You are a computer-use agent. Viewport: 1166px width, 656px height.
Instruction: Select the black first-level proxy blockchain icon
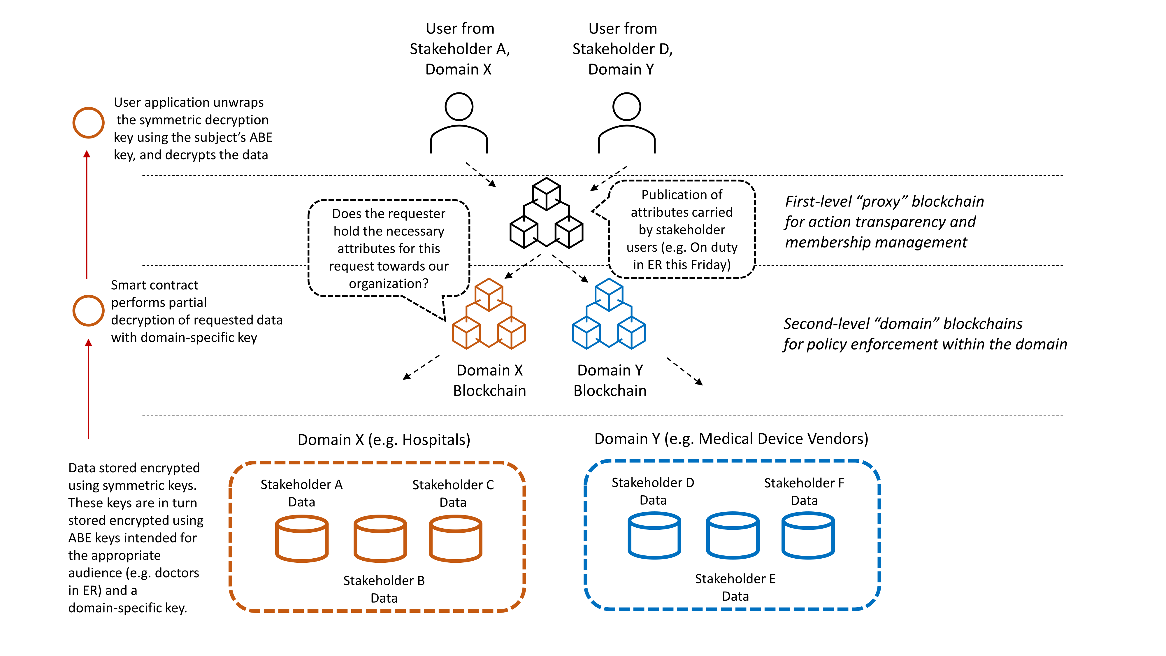(546, 213)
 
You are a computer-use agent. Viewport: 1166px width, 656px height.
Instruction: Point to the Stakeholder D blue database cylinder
(654, 536)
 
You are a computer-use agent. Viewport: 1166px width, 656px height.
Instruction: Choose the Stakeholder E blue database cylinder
(732, 536)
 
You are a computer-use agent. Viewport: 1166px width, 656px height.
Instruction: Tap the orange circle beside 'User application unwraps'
(88, 123)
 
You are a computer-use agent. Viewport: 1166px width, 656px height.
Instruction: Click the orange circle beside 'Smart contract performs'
(88, 311)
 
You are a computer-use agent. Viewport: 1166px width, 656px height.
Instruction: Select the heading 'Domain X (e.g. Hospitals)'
(384, 440)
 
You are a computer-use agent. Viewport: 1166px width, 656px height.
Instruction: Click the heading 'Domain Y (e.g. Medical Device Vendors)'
(731, 439)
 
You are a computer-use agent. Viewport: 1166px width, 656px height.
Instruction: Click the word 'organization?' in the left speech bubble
(388, 284)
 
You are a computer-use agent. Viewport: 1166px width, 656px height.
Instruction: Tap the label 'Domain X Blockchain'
(489, 380)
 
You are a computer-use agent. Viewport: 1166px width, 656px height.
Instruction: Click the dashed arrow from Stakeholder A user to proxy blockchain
(481, 174)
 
